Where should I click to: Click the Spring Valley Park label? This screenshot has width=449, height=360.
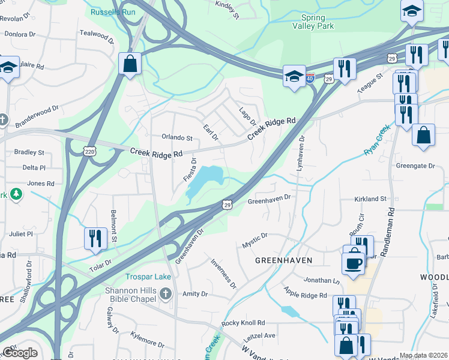(313, 22)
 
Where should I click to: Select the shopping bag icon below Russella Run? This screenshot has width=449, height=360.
(130, 64)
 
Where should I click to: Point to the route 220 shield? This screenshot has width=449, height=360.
(89, 148)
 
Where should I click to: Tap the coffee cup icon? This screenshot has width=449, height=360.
(354, 262)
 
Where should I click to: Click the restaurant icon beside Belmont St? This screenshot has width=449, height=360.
(95, 238)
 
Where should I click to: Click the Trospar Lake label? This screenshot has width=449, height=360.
(148, 277)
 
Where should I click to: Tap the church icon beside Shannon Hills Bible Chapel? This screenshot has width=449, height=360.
(167, 293)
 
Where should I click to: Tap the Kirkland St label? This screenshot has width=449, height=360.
(370, 199)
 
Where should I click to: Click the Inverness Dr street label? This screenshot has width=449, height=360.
(223, 273)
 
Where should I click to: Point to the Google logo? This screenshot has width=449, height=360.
(19, 353)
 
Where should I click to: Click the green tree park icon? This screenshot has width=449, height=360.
(17, 194)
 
